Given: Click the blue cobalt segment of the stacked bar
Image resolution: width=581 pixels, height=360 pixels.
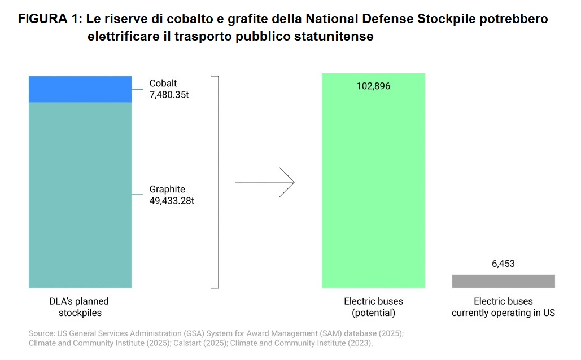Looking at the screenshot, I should (x=80, y=89).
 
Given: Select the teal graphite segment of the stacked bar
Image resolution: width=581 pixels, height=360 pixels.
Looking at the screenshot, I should (x=80, y=195).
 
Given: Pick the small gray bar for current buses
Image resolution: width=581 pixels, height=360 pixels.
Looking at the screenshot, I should (x=503, y=281).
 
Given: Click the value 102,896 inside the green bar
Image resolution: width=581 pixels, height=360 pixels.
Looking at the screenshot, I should (x=373, y=86).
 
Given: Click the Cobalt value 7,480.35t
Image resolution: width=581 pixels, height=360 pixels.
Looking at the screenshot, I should (x=169, y=95).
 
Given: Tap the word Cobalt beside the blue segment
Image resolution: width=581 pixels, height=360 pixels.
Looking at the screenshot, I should (x=163, y=84).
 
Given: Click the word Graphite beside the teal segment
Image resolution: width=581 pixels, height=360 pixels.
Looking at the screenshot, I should (x=167, y=189).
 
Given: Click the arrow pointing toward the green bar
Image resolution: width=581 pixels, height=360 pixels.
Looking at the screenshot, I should (x=265, y=182).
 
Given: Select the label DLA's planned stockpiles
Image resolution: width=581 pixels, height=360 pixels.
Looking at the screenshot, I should (x=78, y=307).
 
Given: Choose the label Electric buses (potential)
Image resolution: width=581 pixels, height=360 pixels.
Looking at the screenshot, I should (x=373, y=307).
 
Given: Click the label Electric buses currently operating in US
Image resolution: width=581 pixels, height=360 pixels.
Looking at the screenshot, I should (x=503, y=307).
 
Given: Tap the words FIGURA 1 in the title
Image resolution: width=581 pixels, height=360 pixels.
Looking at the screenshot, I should (x=50, y=19).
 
